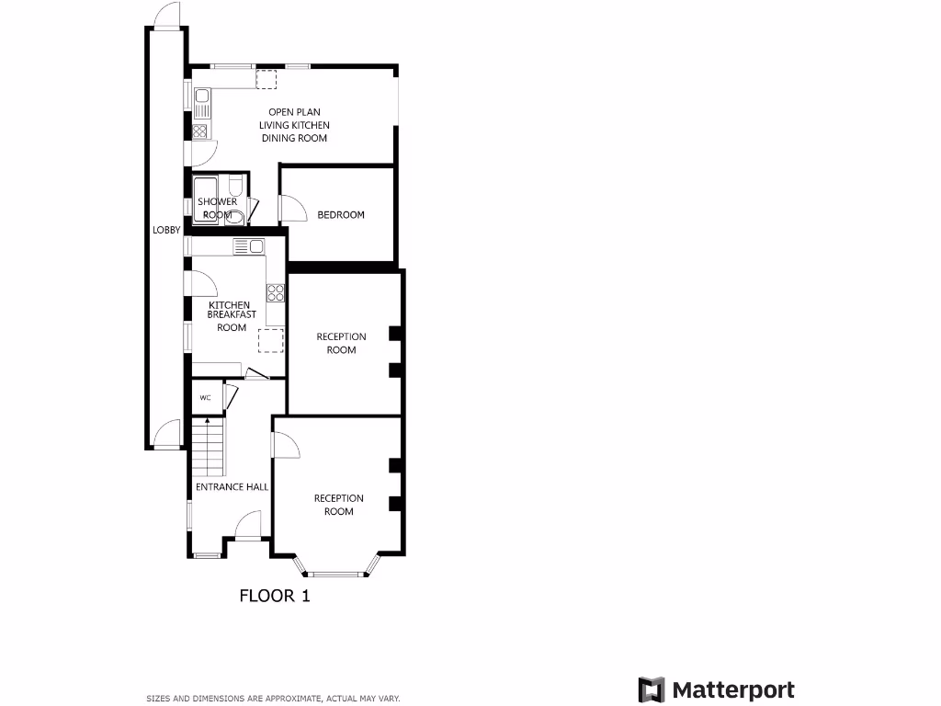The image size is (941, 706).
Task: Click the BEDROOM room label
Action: pyautogui.click(x=341, y=215)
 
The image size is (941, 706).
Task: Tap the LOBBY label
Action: pyautogui.click(x=166, y=231)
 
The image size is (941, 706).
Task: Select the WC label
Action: pyautogui.click(x=206, y=398)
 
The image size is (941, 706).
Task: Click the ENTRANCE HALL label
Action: pyautogui.click(x=232, y=487)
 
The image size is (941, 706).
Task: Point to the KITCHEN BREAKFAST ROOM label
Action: pyautogui.click(x=232, y=315)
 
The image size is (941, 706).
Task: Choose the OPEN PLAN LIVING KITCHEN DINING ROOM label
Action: pyautogui.click(x=294, y=125)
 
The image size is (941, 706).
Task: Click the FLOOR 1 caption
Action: pyautogui.click(x=275, y=596)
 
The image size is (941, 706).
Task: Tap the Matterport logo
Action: pyautogui.click(x=717, y=690)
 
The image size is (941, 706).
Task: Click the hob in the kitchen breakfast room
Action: pyautogui.click(x=275, y=293)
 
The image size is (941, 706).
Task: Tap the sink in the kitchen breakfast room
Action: pyautogui.click(x=248, y=245)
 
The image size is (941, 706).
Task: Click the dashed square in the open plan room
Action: pyautogui.click(x=266, y=80)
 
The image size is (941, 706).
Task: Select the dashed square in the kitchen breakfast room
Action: pyautogui.click(x=270, y=340)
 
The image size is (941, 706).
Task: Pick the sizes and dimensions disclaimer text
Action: pyautogui.click(x=273, y=699)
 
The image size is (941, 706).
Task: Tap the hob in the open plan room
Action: pyautogui.click(x=200, y=131)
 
